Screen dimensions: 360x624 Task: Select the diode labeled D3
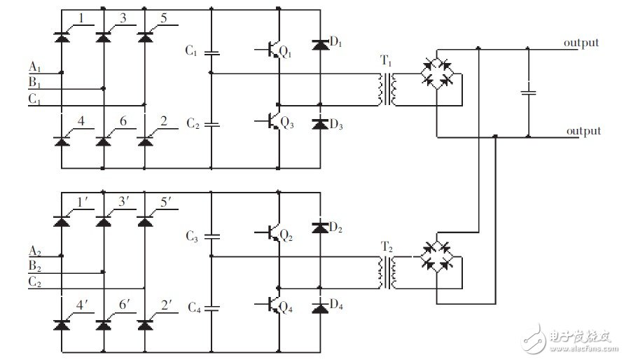tap(320, 124)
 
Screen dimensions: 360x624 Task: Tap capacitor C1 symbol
tap(211, 53)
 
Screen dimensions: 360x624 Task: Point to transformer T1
tap(387, 89)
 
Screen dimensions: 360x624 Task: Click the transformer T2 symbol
tap(387, 272)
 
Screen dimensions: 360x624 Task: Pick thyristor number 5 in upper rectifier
tap(145, 34)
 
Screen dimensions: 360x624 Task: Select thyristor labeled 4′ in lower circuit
tap(62, 324)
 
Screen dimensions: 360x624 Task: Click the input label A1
tap(34, 67)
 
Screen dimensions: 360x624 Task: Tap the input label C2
tap(34, 282)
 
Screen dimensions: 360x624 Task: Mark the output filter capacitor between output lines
tap(528, 91)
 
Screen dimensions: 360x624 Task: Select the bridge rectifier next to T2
tap(436, 257)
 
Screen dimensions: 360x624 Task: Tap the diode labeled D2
tap(320, 228)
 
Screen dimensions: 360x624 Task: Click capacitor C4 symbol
tap(211, 307)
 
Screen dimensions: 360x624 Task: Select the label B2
tap(34, 266)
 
